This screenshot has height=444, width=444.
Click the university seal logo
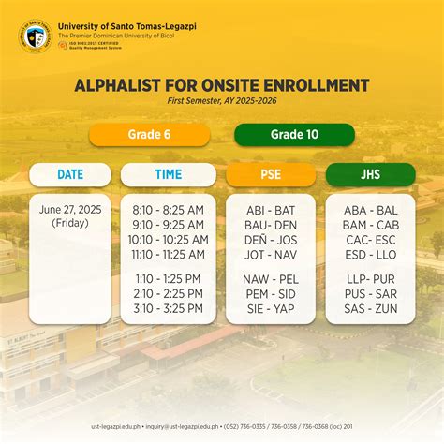pyautogui.click(x=36, y=37)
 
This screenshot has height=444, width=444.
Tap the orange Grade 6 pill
pyautogui.click(x=148, y=135)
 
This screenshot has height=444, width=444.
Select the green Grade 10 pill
pyautogui.click(x=294, y=135)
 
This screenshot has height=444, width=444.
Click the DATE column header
pyautogui.click(x=70, y=174)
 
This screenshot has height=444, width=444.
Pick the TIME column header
pyautogui.click(x=169, y=174)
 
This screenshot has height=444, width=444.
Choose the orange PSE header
pyautogui.click(x=271, y=174)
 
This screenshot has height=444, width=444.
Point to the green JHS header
pyautogui.click(x=370, y=174)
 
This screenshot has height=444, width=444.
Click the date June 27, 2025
pyautogui.click(x=70, y=210)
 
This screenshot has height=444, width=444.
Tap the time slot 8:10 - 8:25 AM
pyautogui.click(x=169, y=211)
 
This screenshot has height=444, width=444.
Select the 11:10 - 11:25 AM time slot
pyautogui.click(x=169, y=254)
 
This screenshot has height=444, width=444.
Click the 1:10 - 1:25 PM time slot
pyautogui.click(x=169, y=279)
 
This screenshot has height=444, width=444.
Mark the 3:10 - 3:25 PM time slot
pyautogui.click(x=169, y=308)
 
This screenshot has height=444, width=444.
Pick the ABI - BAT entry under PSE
pyautogui.click(x=271, y=211)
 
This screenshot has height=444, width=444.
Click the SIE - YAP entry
pyautogui.click(x=271, y=308)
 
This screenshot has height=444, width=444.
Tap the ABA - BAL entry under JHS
pyautogui.click(x=370, y=211)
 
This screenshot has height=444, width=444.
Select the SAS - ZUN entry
pyautogui.click(x=370, y=308)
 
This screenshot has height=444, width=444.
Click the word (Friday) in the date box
pyautogui.click(x=70, y=224)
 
